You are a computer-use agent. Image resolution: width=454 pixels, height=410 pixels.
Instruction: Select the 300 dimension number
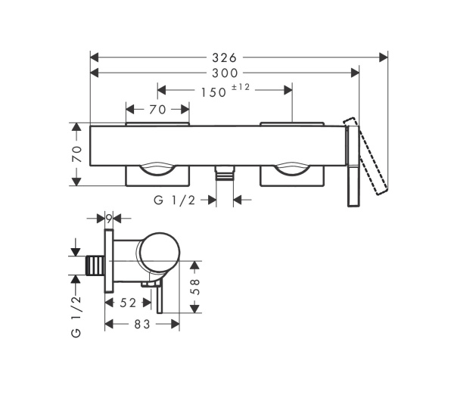pyautogui.click(x=225, y=73)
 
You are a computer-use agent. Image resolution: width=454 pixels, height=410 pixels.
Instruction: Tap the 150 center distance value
pyautogui.click(x=215, y=91)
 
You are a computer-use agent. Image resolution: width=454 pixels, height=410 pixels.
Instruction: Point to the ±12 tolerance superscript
pyautogui.click(x=241, y=88)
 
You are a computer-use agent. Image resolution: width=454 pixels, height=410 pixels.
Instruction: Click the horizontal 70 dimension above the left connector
pyautogui.click(x=157, y=110)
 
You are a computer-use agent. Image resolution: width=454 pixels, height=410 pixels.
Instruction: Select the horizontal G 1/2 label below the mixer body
pyautogui.click(x=175, y=200)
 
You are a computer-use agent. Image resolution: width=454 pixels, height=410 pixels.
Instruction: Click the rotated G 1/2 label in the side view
pyautogui.click(x=76, y=317)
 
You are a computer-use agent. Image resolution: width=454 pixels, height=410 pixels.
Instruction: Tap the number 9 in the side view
pyautogui.click(x=110, y=219)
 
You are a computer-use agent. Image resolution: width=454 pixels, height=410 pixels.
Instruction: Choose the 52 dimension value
pyautogui.click(x=128, y=303)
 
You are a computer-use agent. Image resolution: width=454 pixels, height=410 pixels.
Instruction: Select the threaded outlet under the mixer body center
pyautogui.click(x=223, y=175)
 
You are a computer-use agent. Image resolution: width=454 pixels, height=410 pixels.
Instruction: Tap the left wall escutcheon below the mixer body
pyautogui.click(x=157, y=175)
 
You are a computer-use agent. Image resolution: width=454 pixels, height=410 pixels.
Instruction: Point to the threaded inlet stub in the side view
pyautogui.click(x=95, y=266)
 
